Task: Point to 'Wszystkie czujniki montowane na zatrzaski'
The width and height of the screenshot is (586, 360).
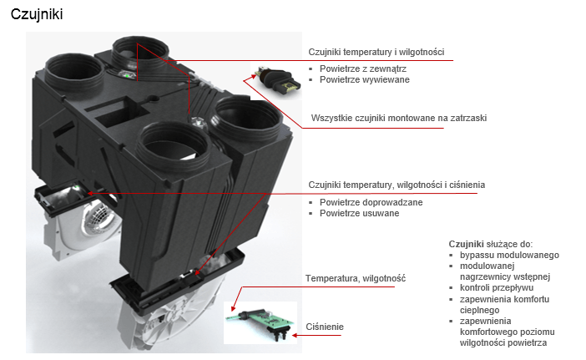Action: tap(399, 118)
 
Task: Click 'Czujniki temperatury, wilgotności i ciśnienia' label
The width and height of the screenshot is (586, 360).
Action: tap(397, 184)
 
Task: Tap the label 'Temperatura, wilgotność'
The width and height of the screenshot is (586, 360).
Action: tap(355, 277)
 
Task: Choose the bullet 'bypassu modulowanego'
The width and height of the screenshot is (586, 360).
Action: tap(509, 255)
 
